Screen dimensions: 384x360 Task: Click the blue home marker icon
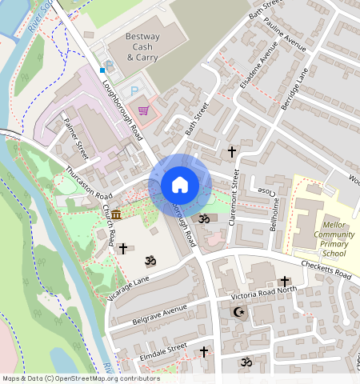pos(180,185)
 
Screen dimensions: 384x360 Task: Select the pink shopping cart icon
pos(144,110)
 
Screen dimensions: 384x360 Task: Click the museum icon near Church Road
pos(117,215)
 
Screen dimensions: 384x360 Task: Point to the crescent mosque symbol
pos(238,312)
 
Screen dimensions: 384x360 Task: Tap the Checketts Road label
pos(326,270)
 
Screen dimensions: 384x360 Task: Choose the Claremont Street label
pos(234,200)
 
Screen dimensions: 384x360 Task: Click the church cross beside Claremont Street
pos(232,151)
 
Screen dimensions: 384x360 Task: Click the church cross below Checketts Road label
pos(284,282)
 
